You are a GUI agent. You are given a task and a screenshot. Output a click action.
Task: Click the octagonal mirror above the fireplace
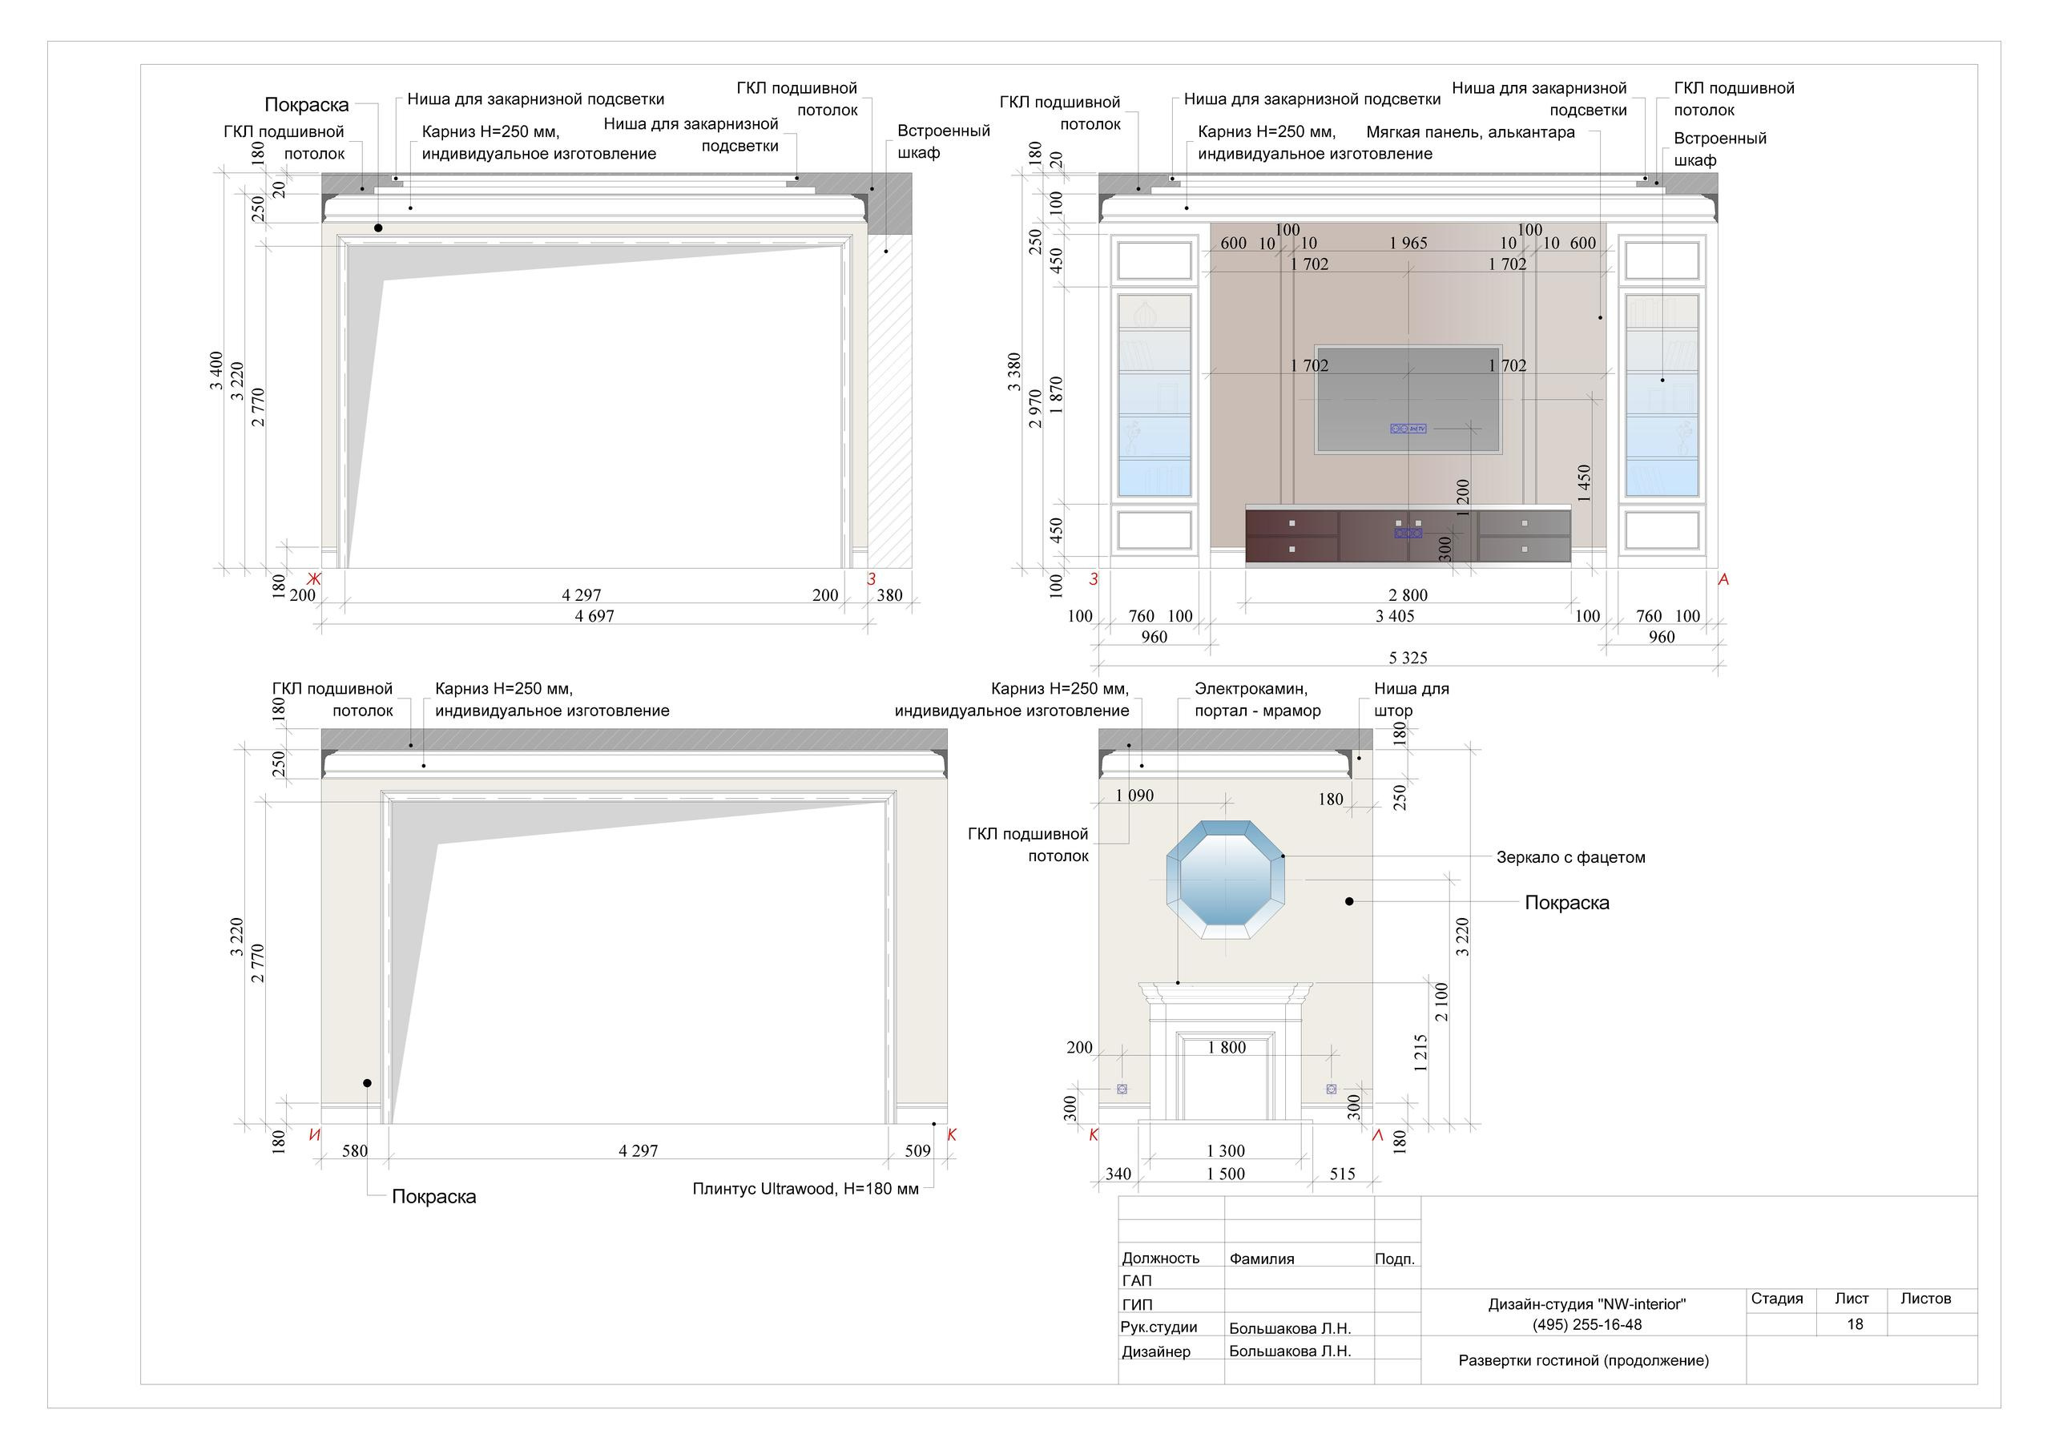pyautogui.click(x=1226, y=880)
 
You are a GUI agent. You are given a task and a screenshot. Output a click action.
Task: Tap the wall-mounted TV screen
pyautogui.click(x=1408, y=398)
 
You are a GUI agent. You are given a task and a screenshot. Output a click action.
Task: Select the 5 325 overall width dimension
pyautogui.click(x=1408, y=658)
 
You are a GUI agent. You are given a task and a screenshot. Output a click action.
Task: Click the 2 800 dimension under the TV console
pyautogui.click(x=1408, y=595)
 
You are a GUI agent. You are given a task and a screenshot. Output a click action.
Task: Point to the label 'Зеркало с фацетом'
pyautogui.click(x=1570, y=858)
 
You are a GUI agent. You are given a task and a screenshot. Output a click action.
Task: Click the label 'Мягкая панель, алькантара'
pyautogui.click(x=1470, y=132)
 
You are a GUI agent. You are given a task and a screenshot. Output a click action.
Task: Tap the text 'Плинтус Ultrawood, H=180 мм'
pyautogui.click(x=805, y=1189)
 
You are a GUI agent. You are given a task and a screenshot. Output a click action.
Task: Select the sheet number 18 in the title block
pyautogui.click(x=1855, y=1324)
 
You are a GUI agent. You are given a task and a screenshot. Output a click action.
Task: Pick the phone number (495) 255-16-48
pyautogui.click(x=1586, y=1325)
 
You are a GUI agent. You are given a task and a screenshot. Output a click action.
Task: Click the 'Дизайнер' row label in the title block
pyautogui.click(x=1156, y=1351)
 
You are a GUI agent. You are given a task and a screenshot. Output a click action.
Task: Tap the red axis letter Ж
pyautogui.click(x=313, y=579)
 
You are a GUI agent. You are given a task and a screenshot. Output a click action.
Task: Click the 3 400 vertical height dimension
pyautogui.click(x=216, y=370)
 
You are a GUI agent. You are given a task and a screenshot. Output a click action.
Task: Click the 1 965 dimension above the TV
pyautogui.click(x=1408, y=243)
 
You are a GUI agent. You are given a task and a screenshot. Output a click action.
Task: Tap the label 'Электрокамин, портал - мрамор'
pyautogui.click(x=1257, y=699)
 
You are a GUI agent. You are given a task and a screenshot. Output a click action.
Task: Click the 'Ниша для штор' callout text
pyautogui.click(x=1412, y=699)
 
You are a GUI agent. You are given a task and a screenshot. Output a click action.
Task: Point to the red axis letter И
pyautogui.click(x=314, y=1135)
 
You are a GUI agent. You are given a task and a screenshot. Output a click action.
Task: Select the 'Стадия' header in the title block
pyautogui.click(x=1777, y=1299)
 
